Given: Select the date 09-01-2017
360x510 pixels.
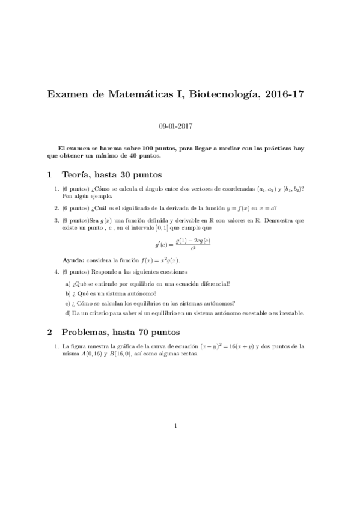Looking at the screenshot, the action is tap(175, 127).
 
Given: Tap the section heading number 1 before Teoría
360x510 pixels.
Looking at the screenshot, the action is tap(49, 176).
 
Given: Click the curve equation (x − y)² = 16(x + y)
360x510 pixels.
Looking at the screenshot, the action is tap(220, 346).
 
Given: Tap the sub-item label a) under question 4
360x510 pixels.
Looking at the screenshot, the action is tap(68, 283).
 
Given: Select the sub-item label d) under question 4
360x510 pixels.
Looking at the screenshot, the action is tap(68, 313).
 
